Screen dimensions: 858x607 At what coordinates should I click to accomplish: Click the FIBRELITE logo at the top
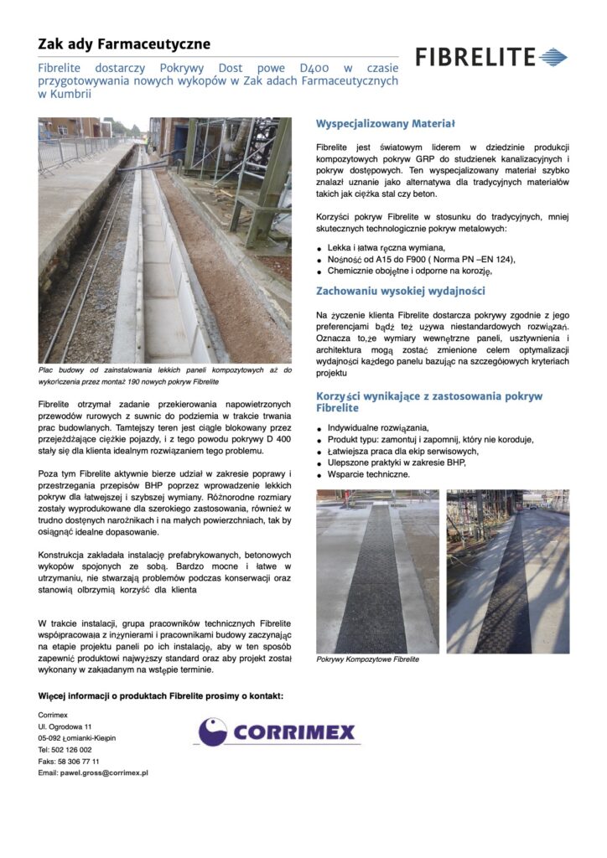(x=491, y=57)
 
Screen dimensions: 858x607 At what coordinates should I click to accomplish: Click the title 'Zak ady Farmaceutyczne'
(x=124, y=44)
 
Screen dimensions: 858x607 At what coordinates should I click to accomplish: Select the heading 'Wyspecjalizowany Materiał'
(x=385, y=124)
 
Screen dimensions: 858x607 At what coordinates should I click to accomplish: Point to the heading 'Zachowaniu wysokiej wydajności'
(x=401, y=292)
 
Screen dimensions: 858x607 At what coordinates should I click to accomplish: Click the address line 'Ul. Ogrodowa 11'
(x=65, y=726)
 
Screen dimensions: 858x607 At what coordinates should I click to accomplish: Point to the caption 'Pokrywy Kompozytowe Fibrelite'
(x=367, y=659)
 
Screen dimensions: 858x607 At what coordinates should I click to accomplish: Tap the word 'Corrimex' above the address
(x=53, y=714)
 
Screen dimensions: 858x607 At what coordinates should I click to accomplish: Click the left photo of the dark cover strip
(x=376, y=571)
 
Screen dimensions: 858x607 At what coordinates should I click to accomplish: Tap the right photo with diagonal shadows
(x=507, y=571)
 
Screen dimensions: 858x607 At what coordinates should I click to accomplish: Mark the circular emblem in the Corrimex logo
(x=212, y=732)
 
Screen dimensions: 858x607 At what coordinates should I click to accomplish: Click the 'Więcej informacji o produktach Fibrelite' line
(x=161, y=696)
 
